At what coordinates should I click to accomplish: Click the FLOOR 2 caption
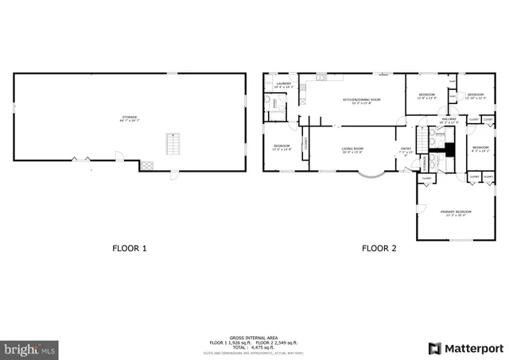pos(379,248)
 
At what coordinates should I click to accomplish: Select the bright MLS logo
pos(30,349)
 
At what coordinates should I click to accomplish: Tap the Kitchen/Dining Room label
pos(362,100)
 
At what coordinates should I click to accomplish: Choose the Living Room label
pos(352,149)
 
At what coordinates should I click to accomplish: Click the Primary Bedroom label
pos(457,212)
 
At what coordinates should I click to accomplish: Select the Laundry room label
pos(284,84)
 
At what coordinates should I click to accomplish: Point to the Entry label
pos(406,149)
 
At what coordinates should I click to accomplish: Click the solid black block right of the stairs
pos(449,148)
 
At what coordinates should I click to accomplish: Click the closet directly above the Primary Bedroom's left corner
pos(427,179)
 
